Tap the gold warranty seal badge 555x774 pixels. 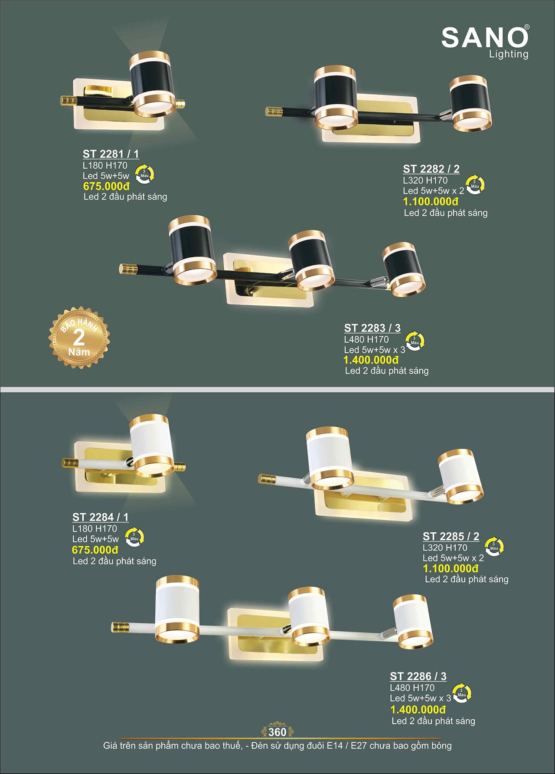point(79,338)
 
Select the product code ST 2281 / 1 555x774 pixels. point(111,154)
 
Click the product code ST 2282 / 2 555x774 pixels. point(431,169)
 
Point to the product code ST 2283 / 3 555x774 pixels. point(372,328)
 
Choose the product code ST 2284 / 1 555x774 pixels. point(101,517)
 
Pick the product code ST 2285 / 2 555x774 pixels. point(451,536)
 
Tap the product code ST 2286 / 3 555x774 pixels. point(418,676)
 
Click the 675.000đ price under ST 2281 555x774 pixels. point(106,187)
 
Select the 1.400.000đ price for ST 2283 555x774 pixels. point(371,360)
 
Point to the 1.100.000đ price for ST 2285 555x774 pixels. point(451,568)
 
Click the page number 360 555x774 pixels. point(277,732)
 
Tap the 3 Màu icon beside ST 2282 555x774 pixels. point(475,185)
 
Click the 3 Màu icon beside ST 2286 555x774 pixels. point(461,693)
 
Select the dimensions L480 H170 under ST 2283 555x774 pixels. point(366,339)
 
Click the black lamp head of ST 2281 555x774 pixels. point(152,84)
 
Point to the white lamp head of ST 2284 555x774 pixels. point(152,446)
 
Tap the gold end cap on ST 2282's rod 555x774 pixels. point(274,112)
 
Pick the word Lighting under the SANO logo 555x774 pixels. point(509,55)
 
